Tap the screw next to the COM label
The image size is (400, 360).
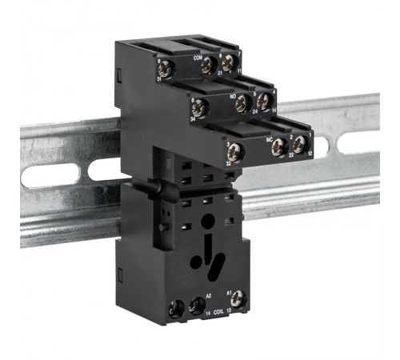pos(209,64)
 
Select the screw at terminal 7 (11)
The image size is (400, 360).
pos(229,62)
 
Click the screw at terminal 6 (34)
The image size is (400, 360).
pos(200,108)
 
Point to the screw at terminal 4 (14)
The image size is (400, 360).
pos(262,102)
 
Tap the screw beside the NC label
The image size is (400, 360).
pos(278,146)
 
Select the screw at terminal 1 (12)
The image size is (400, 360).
pos(298,145)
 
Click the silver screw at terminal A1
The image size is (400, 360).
pos(237,298)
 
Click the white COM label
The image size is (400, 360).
pos(197,58)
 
